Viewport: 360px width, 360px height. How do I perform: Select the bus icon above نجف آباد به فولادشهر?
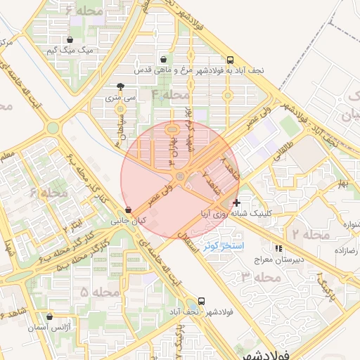(x=231, y=60)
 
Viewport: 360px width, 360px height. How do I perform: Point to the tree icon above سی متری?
(x=121, y=88)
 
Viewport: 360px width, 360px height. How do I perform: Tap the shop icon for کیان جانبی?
(x=128, y=210)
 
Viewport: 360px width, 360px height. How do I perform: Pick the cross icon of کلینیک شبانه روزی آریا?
(x=236, y=202)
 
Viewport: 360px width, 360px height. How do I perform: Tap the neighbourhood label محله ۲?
(x=305, y=233)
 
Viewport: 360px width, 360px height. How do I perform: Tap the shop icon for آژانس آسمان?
(x=49, y=318)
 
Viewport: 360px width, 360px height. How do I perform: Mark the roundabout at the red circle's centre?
(x=180, y=176)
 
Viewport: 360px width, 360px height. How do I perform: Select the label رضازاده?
(x=346, y=250)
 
